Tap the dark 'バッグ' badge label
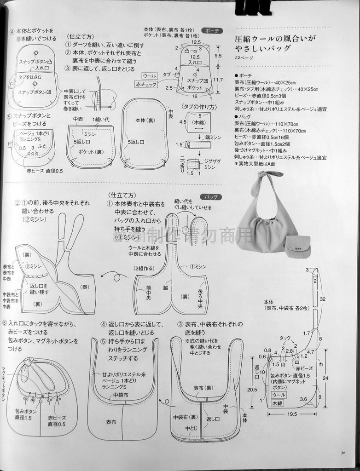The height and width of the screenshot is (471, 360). (211, 196)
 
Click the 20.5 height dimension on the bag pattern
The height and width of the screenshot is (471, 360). (252, 389)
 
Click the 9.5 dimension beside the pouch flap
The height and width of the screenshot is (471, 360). (218, 55)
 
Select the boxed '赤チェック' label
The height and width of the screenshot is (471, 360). (146, 84)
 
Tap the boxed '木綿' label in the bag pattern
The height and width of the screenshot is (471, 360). (277, 403)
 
